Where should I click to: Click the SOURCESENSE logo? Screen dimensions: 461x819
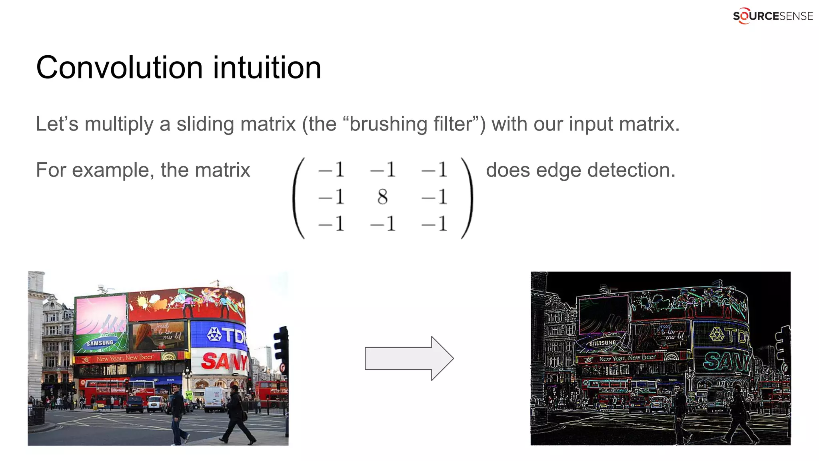pyautogui.click(x=772, y=16)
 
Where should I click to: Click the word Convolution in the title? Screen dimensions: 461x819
pyautogui.click(x=120, y=67)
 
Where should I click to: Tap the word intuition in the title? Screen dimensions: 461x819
pyautogui.click(x=267, y=67)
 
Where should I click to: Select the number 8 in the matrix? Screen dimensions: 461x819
pyautogui.click(x=382, y=197)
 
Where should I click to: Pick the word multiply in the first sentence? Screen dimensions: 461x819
pyautogui.click(x=119, y=124)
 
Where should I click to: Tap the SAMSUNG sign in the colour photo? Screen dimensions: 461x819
pyautogui.click(x=100, y=343)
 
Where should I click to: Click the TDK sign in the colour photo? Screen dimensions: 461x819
pyautogui.click(x=226, y=335)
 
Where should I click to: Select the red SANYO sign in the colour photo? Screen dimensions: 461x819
pyautogui.click(x=224, y=361)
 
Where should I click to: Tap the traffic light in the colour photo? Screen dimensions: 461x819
pyautogui.click(x=281, y=344)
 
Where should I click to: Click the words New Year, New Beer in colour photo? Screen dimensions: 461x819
pyautogui.click(x=125, y=358)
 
